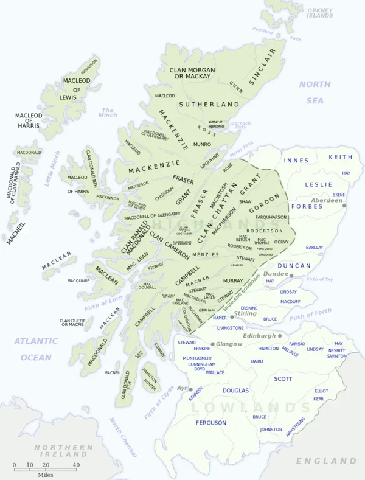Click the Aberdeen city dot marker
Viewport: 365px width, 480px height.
click(x=344, y=206)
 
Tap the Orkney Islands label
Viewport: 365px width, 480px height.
click(x=319, y=12)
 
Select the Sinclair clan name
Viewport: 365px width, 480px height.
click(x=262, y=66)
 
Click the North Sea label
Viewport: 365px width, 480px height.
click(x=315, y=92)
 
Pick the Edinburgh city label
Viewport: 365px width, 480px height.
click(x=259, y=335)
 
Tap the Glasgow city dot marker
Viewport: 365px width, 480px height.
click(x=212, y=344)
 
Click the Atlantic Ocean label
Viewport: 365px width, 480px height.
click(x=36, y=349)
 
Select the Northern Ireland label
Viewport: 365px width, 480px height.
click(x=63, y=451)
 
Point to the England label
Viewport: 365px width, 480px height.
click(x=325, y=461)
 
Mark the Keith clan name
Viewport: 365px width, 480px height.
click(x=340, y=157)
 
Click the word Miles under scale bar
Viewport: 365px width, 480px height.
click(x=45, y=473)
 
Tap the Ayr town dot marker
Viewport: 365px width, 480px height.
click(x=190, y=389)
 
